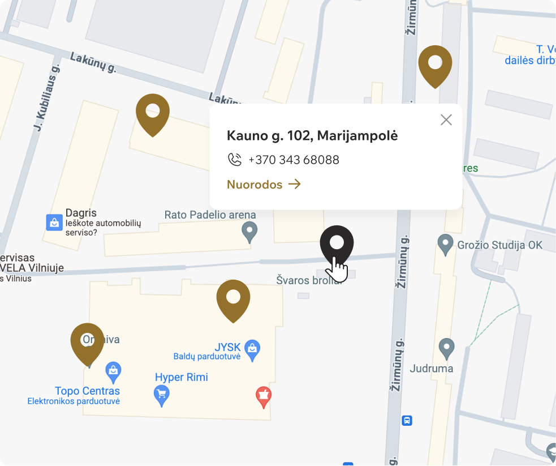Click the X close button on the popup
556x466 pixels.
pyautogui.click(x=446, y=119)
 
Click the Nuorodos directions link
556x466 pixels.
pyautogui.click(x=264, y=184)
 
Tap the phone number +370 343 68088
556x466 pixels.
pyautogui.click(x=294, y=160)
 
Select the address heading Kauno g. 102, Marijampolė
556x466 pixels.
pyautogui.click(x=312, y=135)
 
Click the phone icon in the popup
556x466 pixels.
pyautogui.click(x=234, y=160)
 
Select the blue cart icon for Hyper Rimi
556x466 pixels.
pyautogui.click(x=162, y=394)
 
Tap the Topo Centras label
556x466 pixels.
pyautogui.click(x=87, y=391)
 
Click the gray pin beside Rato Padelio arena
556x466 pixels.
pyautogui.click(x=249, y=231)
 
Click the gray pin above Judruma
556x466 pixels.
pyautogui.click(x=447, y=347)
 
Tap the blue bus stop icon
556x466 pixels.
pyautogui.click(x=407, y=421)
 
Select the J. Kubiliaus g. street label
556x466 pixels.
pyautogui.click(x=48, y=97)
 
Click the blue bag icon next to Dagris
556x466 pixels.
pyautogui.click(x=54, y=222)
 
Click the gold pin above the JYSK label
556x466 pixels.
pyautogui.click(x=233, y=298)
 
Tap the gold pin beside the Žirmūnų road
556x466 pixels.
pyautogui.click(x=435, y=64)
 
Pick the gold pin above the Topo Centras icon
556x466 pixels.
pyautogui.click(x=87, y=342)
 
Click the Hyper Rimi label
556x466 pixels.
pyautogui.click(x=181, y=377)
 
